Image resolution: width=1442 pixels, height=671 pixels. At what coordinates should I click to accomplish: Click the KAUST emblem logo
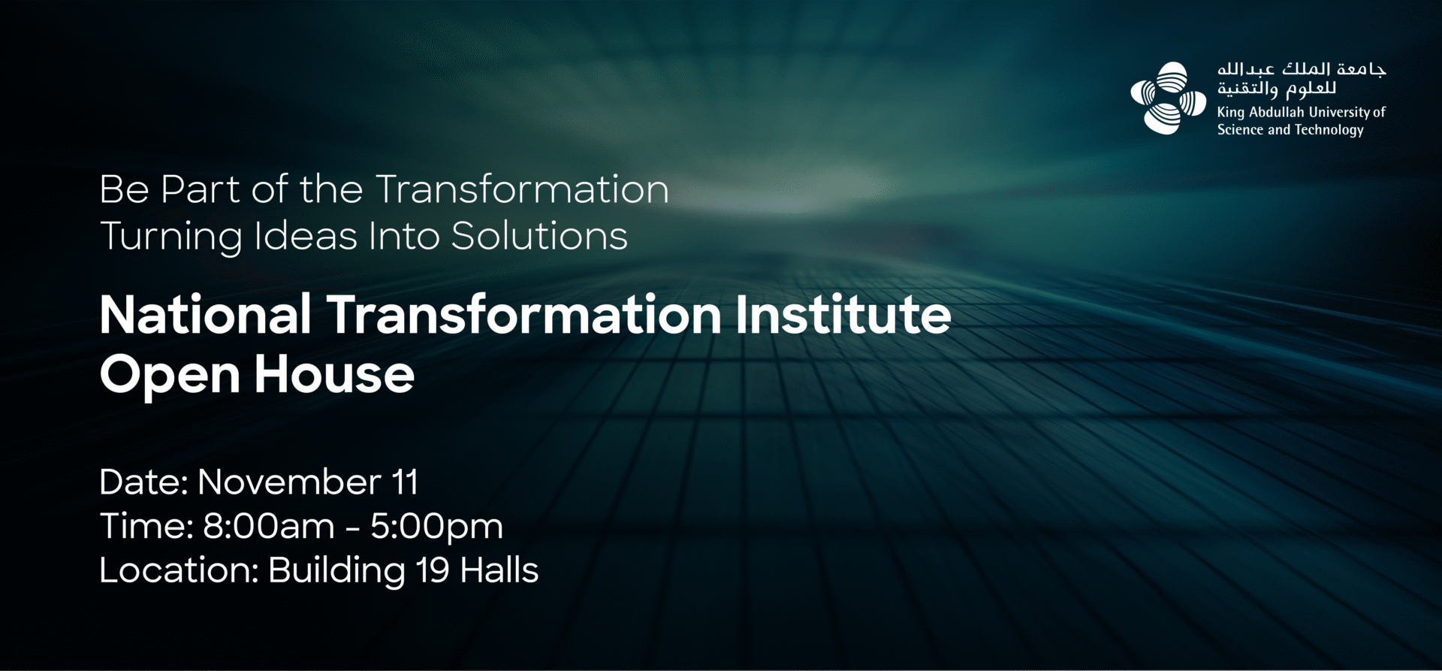(1168, 98)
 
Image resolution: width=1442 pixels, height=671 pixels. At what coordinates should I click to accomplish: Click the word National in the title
(206, 314)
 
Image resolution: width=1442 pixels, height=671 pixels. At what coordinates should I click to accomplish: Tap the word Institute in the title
(843, 314)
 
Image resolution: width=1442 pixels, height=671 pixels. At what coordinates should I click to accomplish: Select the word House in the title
(334, 374)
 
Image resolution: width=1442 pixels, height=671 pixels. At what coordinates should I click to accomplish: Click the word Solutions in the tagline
(539, 236)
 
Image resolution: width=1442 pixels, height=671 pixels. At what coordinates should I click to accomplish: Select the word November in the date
(289, 482)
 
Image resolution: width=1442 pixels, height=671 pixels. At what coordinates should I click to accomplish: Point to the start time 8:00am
(269, 526)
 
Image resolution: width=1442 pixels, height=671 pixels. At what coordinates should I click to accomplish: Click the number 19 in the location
(433, 570)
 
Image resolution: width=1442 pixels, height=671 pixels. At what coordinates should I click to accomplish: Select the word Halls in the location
(499, 570)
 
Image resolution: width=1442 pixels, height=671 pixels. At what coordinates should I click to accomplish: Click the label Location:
(179, 570)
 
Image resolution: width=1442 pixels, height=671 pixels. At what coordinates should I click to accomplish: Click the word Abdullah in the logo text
(1277, 112)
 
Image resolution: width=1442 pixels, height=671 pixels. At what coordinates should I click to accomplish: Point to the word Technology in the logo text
(1329, 130)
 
